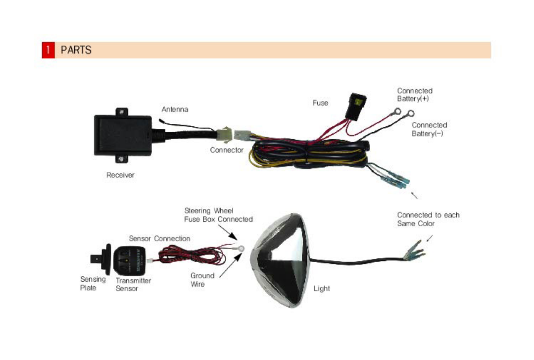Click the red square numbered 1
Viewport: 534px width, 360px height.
[x=48, y=50]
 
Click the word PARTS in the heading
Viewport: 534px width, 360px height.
[x=76, y=50]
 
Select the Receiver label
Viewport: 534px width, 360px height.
[x=120, y=175]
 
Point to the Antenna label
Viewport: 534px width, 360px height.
[x=175, y=109]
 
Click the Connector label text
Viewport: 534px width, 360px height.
[x=226, y=150]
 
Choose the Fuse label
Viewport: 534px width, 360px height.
[x=320, y=103]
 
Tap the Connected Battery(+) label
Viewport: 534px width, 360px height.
[x=415, y=95]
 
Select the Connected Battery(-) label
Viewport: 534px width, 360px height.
[x=429, y=129]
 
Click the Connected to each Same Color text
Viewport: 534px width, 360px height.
[x=428, y=219]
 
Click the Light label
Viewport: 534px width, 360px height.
[x=322, y=289]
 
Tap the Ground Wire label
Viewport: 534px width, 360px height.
[x=202, y=280]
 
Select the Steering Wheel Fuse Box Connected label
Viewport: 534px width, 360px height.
[x=218, y=215]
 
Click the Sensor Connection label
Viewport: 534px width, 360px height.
[x=159, y=239]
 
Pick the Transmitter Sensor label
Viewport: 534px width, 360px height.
[x=133, y=284]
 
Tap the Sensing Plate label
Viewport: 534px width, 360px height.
[x=93, y=283]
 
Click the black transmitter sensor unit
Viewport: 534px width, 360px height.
[x=130, y=260]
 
